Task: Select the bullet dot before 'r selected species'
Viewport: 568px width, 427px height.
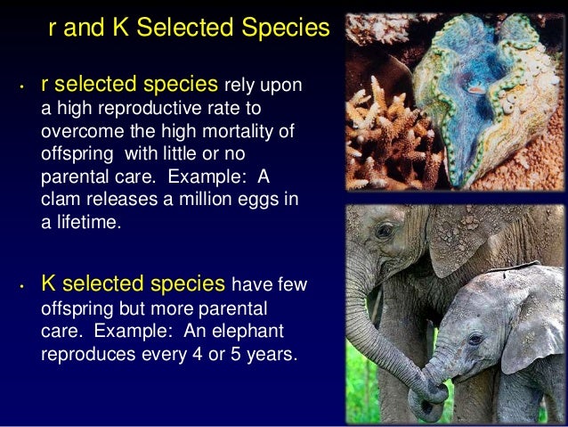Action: click(20, 87)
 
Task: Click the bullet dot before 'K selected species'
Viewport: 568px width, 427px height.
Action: click(20, 287)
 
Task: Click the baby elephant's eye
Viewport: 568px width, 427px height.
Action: click(475, 340)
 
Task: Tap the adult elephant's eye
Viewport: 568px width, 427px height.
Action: click(384, 233)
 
